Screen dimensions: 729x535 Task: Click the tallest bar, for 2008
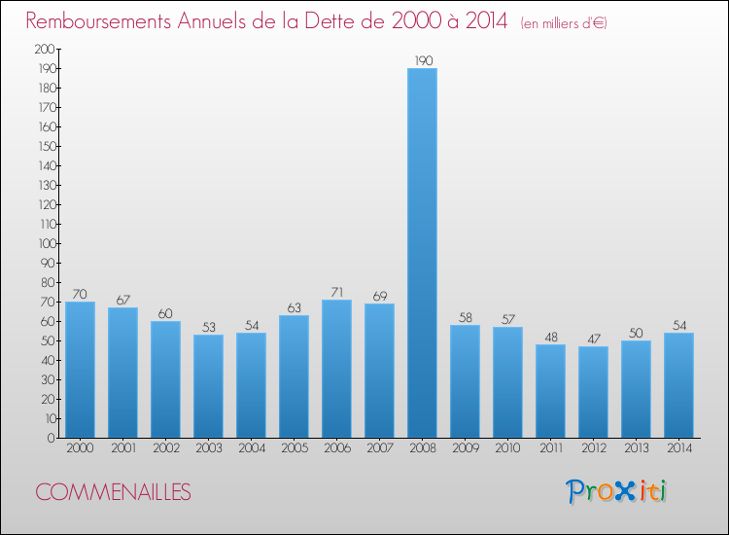pos(422,253)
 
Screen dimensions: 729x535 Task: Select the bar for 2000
pos(80,370)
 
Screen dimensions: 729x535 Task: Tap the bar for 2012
pos(593,392)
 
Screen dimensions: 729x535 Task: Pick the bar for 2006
pos(336,369)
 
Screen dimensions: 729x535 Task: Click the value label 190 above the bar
pos(424,61)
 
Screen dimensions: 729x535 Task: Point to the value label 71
pos(337,292)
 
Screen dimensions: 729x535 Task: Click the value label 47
pos(594,339)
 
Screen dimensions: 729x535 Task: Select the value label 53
pos(209,327)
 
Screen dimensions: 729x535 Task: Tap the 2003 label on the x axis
pos(209,448)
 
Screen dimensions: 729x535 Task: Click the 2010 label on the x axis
pos(507,448)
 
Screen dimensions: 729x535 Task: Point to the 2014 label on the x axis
pos(679,448)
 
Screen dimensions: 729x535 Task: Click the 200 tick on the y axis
pos(45,49)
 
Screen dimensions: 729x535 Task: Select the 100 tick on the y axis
pos(47,243)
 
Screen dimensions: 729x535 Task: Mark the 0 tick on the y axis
pos(52,438)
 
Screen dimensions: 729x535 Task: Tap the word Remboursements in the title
pos(98,21)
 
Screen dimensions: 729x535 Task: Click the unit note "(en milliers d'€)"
pos(564,23)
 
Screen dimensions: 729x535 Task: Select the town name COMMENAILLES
pos(113,492)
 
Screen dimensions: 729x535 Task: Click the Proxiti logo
pos(615,491)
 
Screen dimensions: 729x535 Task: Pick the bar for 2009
pos(465,381)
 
